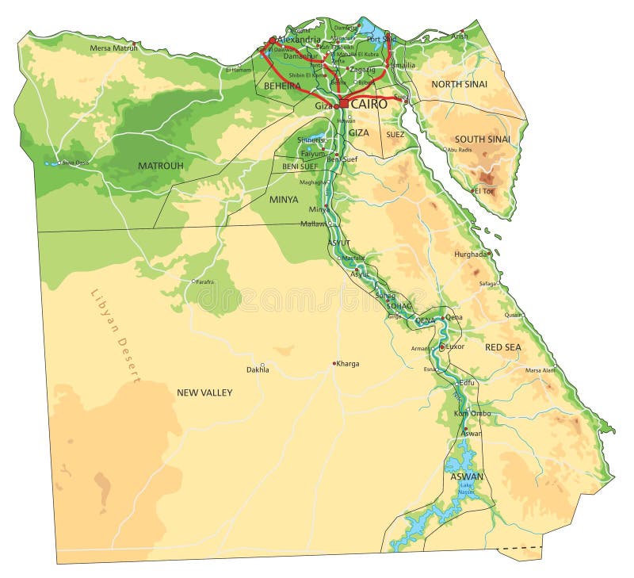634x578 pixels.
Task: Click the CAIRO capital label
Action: [369, 104]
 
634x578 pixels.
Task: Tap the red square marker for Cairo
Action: [343, 104]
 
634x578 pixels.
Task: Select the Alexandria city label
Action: [299, 40]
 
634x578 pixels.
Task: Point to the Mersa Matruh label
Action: [113, 48]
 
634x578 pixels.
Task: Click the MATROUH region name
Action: [160, 166]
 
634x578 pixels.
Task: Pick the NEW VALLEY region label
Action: [204, 392]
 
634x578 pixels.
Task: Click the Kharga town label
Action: [348, 364]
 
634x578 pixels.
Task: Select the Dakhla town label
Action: [258, 369]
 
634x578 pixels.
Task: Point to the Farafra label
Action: [204, 281]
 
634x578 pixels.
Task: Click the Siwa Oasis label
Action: [76, 163]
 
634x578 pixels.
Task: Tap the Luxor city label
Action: [455, 346]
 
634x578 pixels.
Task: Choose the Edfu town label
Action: [468, 382]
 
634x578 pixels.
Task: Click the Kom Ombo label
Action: [472, 413]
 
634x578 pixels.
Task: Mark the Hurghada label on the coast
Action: [470, 255]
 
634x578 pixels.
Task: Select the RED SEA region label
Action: [503, 347]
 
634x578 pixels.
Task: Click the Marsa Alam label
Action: [540, 370]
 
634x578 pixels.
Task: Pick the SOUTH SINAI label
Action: [482, 140]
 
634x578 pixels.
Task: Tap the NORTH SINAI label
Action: [459, 84]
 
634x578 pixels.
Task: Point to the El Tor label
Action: [485, 190]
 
